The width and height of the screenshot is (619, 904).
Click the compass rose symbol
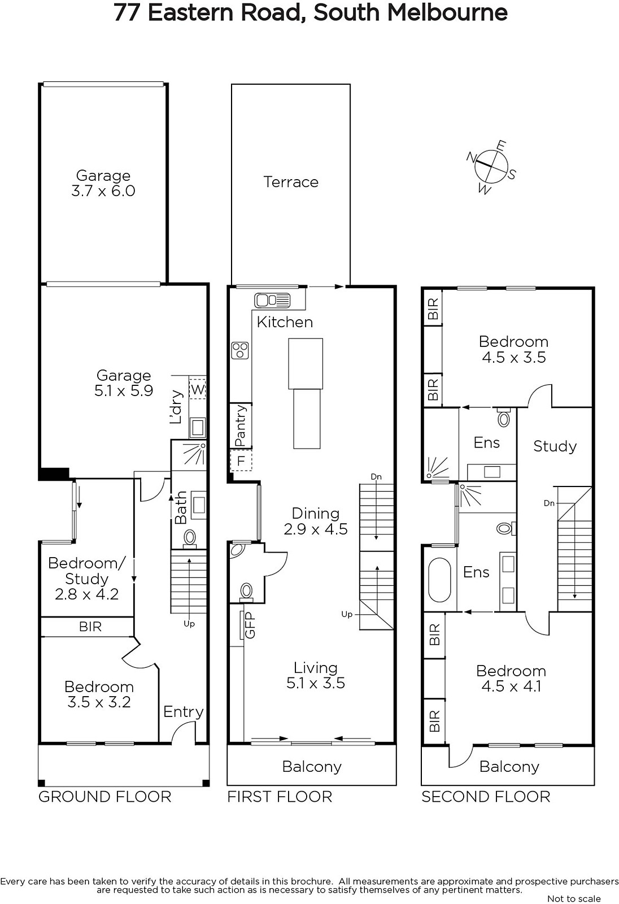click(491, 167)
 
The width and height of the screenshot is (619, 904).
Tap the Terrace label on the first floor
click(291, 182)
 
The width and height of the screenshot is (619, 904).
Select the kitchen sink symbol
click(272, 300)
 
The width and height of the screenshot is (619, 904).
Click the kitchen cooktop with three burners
click(240, 350)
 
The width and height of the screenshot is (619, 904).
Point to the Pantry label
click(241, 426)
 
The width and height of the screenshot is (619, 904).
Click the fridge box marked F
click(241, 460)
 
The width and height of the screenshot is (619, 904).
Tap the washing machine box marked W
click(197, 389)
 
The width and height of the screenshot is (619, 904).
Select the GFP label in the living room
click(250, 625)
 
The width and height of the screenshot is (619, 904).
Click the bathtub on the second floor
click(439, 580)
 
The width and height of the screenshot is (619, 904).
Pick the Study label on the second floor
click(555, 446)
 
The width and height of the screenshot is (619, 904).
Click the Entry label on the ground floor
click(183, 712)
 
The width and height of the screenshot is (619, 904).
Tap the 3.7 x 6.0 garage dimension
click(103, 191)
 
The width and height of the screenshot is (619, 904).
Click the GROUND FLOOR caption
click(105, 797)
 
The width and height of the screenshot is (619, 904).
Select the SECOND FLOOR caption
click(486, 797)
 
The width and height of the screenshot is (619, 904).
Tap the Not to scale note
click(574, 898)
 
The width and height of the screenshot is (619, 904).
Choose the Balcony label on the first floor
click(312, 766)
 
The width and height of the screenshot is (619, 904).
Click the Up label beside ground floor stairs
click(189, 624)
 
